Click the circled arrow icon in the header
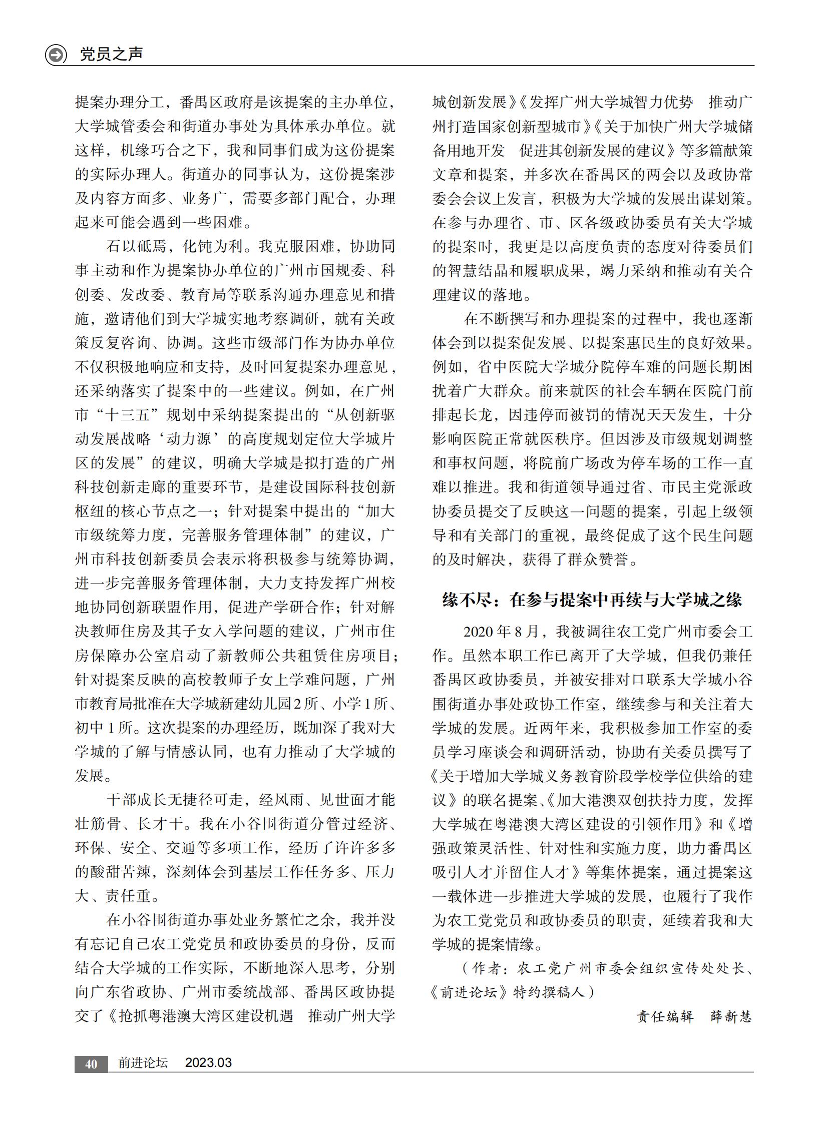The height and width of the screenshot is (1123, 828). coord(56,54)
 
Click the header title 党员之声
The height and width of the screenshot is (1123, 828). coord(111,54)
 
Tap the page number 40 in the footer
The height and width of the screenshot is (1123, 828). coord(91,1064)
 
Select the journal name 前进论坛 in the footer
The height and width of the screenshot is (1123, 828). coord(143,1063)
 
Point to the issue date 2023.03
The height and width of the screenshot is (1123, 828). coord(209,1063)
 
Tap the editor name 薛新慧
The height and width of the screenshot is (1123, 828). coord(731,1016)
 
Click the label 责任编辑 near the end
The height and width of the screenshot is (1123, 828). coord(665,1016)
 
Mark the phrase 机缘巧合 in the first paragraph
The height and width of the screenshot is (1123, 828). coord(151,150)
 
